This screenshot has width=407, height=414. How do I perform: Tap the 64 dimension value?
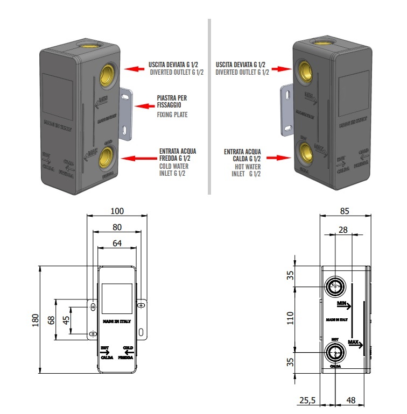(x=117, y=243)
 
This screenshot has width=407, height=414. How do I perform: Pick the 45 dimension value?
(x=66, y=319)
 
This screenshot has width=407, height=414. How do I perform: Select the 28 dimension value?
(x=342, y=230)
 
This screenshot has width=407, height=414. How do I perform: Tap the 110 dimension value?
(x=290, y=319)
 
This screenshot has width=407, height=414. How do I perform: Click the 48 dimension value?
(x=352, y=400)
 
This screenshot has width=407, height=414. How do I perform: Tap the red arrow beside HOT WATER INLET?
(x=279, y=158)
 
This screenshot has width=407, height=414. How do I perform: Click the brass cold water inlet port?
(x=108, y=160)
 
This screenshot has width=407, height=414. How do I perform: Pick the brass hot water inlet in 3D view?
(x=305, y=151)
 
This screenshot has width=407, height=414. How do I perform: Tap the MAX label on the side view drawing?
(x=353, y=341)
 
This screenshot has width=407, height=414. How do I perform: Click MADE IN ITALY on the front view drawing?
(x=116, y=322)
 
